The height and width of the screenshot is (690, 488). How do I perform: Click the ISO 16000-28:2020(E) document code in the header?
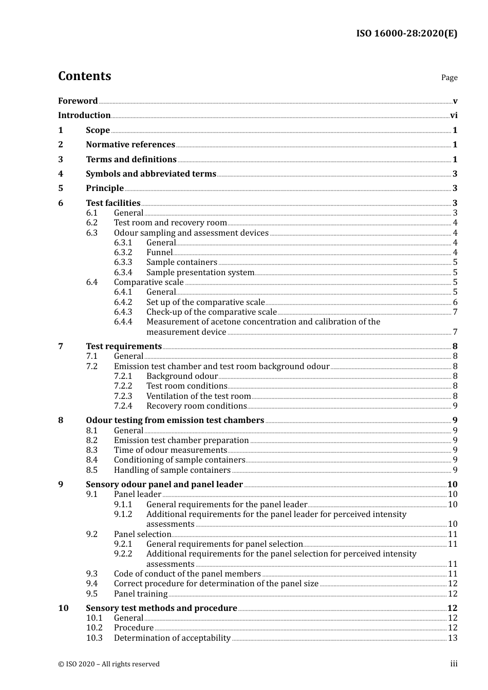tap(406, 33)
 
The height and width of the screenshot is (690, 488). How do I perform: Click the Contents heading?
tap(84, 76)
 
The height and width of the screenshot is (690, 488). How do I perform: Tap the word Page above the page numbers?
tap(449, 78)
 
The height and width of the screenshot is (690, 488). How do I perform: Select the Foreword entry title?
tap(78, 101)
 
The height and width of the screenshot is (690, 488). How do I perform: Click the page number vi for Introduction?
tap(454, 116)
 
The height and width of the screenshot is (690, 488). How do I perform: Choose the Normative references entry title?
tap(130, 145)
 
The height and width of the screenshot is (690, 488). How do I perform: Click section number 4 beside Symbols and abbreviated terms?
tap(61, 174)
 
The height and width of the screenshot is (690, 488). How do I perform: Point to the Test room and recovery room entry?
tap(170, 223)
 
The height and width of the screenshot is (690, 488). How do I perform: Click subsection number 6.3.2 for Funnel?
tap(123, 253)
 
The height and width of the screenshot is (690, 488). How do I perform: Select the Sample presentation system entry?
tap(200, 273)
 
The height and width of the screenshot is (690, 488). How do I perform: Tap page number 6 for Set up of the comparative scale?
tap(455, 302)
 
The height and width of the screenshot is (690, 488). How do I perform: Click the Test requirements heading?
tap(124, 347)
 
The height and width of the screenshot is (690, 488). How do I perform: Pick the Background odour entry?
tap(182, 376)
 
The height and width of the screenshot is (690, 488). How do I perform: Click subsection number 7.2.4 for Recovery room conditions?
tap(123, 406)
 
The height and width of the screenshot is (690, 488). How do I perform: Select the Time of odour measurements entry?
tap(170, 450)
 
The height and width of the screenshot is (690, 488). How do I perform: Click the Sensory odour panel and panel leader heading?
tap(164, 485)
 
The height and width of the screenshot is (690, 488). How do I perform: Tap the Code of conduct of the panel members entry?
tap(187, 574)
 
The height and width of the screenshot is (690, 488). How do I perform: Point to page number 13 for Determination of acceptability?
tap(453, 638)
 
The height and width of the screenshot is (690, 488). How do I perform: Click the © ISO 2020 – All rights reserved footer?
tap(109, 664)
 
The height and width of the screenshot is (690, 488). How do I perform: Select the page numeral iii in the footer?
tap(454, 664)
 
